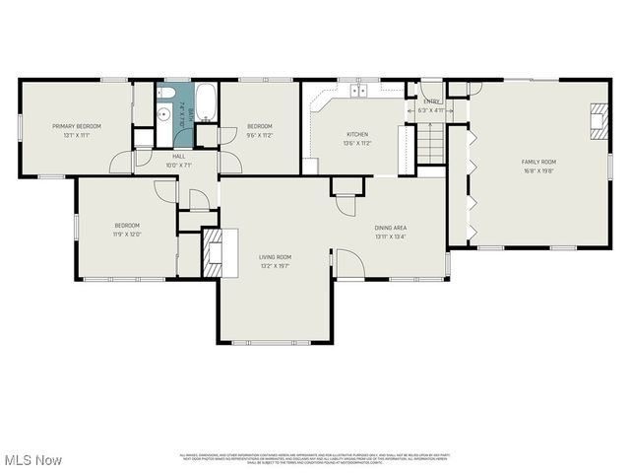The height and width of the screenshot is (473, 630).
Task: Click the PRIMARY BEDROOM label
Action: click(x=77, y=126)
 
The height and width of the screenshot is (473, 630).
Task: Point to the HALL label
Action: click(x=179, y=156)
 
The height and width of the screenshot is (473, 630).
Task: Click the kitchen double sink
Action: click(x=359, y=90)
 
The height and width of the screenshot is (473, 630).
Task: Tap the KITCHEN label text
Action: click(x=356, y=134)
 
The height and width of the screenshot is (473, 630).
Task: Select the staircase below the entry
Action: click(x=431, y=147)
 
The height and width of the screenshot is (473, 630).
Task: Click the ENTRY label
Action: click(x=431, y=101)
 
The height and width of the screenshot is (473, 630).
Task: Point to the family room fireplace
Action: click(x=598, y=120)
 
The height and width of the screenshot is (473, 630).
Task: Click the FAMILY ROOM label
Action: click(x=538, y=161)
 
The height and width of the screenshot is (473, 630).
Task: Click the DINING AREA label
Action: click(x=391, y=228)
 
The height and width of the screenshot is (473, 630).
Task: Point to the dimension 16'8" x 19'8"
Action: click(x=538, y=169)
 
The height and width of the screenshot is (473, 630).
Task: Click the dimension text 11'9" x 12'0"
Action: click(x=127, y=234)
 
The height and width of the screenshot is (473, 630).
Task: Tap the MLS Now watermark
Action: click(x=33, y=460)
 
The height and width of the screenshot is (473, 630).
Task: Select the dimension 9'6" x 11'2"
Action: click(x=260, y=135)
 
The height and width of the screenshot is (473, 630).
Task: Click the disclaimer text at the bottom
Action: click(x=313, y=458)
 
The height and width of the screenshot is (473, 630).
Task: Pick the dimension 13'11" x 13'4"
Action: click(x=391, y=236)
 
